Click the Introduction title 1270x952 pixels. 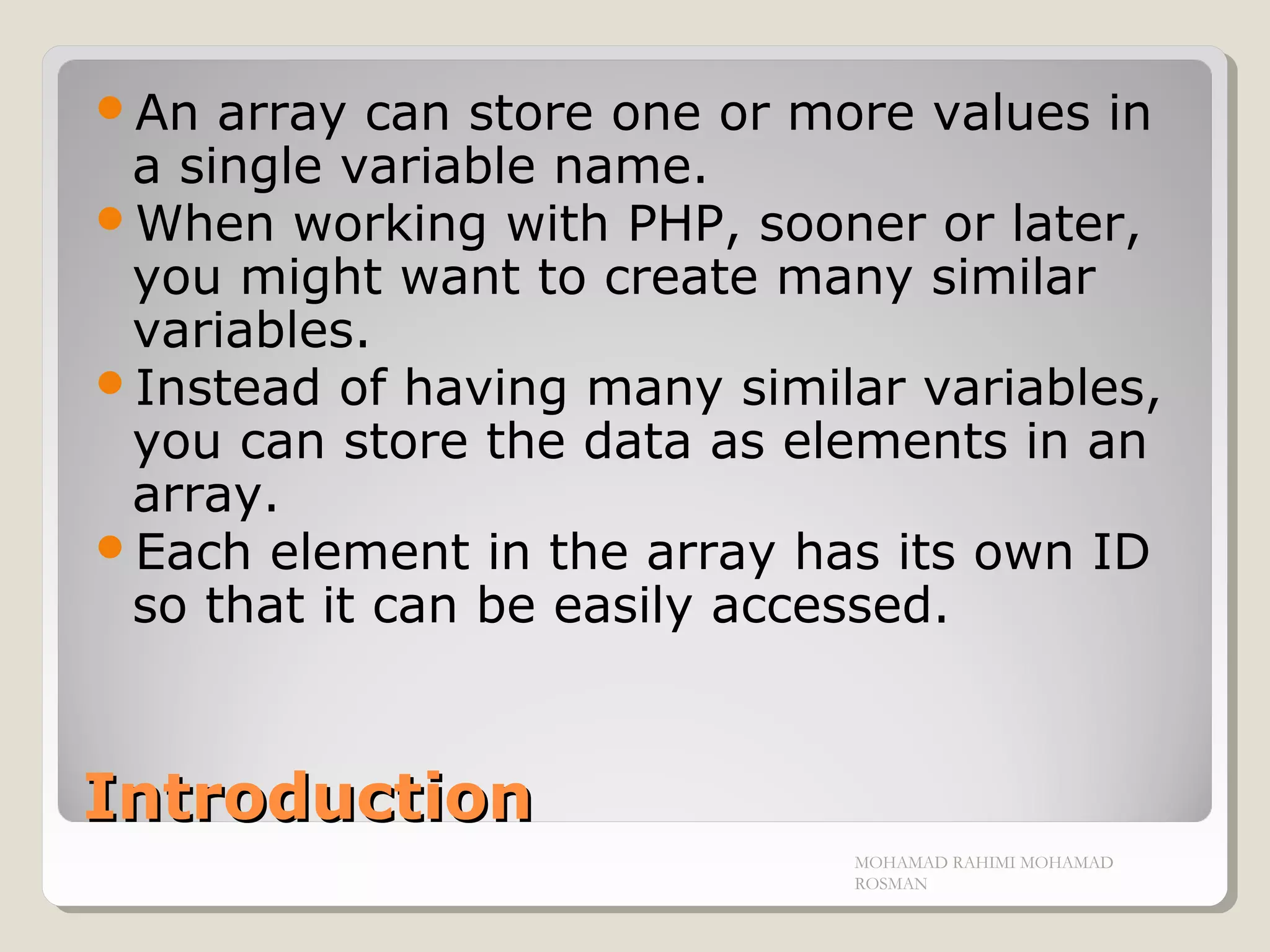point(308,798)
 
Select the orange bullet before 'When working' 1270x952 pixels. point(110,219)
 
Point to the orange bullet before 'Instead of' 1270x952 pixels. point(110,382)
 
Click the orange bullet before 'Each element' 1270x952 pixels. point(110,547)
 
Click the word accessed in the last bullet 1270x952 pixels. point(829,606)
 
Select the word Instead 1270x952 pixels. point(228,388)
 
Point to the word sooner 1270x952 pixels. point(842,224)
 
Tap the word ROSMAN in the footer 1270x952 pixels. point(890,884)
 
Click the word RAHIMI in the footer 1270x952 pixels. point(984,863)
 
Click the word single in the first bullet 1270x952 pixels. point(250,167)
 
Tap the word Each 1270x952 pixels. point(193,552)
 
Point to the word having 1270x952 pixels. point(485,389)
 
